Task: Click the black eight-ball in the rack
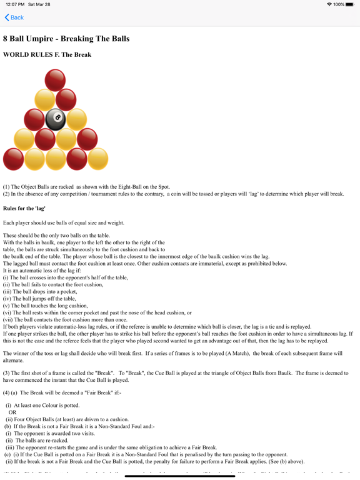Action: coord(56,119)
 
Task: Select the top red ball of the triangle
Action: coord(56,79)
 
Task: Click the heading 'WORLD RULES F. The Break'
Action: coord(47,55)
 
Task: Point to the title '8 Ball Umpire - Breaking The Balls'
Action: coord(66,39)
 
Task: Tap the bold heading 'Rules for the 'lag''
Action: coord(24,208)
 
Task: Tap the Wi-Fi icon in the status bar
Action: coord(329,4)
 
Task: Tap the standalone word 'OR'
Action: coord(12,412)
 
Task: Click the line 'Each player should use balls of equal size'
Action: coord(64,222)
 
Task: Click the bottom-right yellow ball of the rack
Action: coord(97,159)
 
